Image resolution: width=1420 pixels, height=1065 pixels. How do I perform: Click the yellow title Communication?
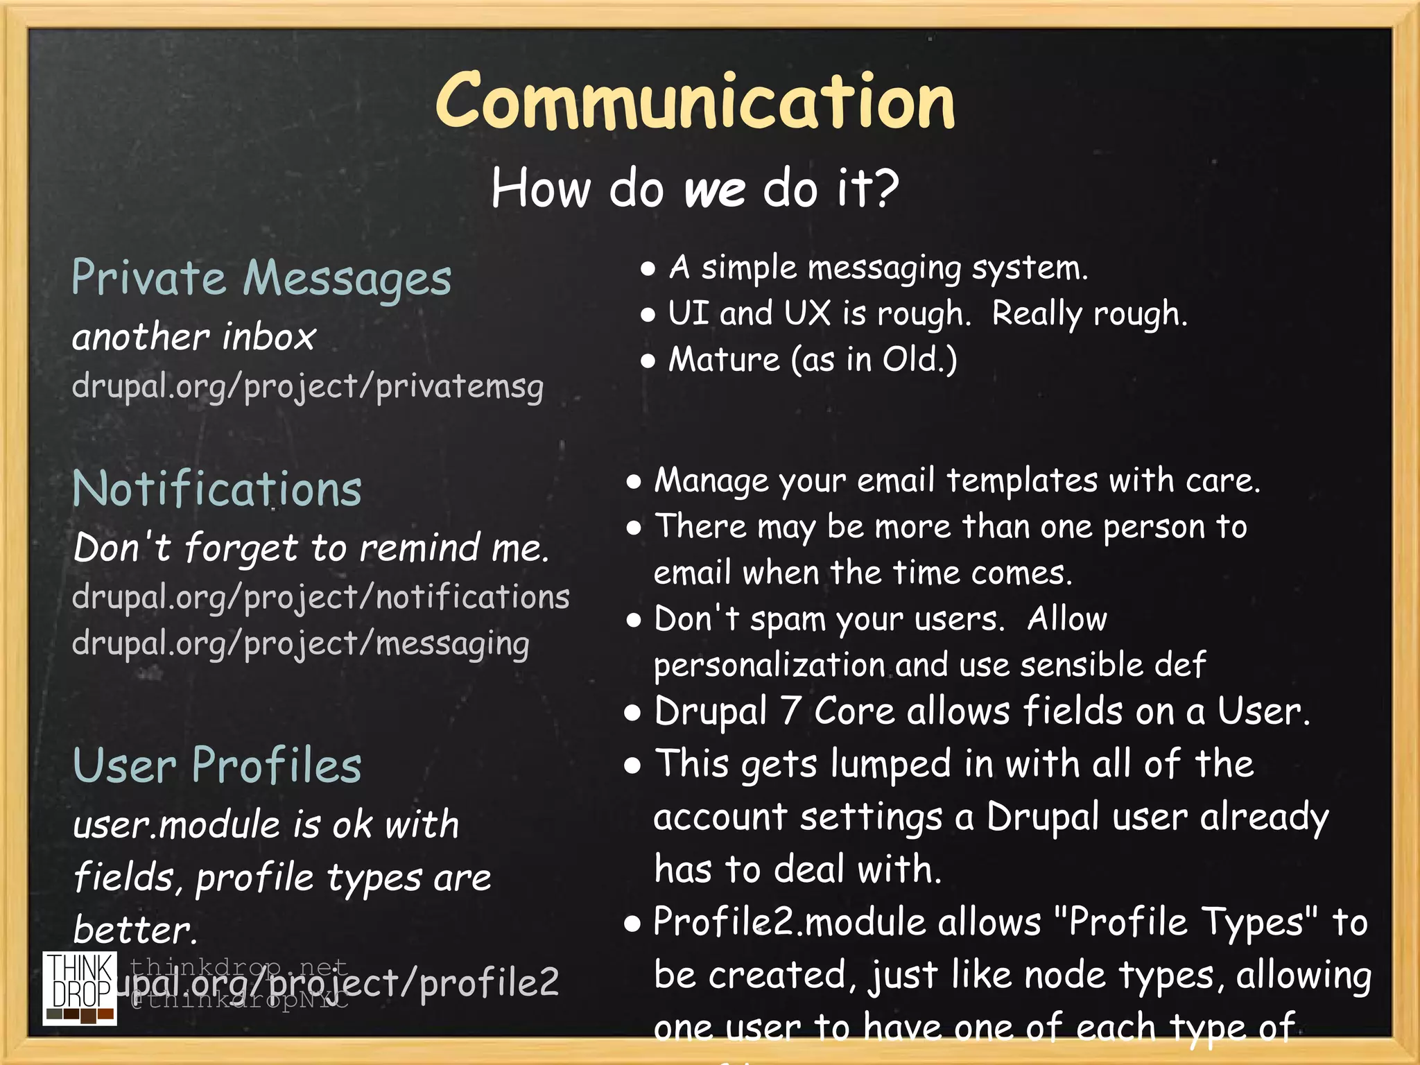[x=695, y=103]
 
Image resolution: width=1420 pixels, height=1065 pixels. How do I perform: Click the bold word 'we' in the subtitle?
[x=715, y=189]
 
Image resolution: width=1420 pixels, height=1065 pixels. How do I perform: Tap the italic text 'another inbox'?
[x=194, y=337]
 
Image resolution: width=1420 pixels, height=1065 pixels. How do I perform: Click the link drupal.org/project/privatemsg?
[x=307, y=386]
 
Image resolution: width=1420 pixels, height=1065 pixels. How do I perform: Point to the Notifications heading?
[x=217, y=489]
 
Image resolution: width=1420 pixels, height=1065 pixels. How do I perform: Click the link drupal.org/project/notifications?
[x=320, y=597]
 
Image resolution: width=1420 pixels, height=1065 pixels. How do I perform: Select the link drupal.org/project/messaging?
[x=300, y=643]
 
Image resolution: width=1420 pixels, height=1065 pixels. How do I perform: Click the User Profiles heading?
[x=217, y=765]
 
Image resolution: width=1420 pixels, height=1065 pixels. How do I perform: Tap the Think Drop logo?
[x=80, y=987]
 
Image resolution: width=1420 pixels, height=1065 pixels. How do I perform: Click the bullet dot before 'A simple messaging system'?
[x=648, y=269]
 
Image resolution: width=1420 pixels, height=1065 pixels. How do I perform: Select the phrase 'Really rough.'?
[x=1089, y=314]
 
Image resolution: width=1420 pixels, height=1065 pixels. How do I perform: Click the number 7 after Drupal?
[x=790, y=711]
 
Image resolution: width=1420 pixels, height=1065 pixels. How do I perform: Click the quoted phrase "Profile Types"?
[x=1186, y=923]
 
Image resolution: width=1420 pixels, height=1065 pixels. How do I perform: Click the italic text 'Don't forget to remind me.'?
[x=311, y=548]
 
